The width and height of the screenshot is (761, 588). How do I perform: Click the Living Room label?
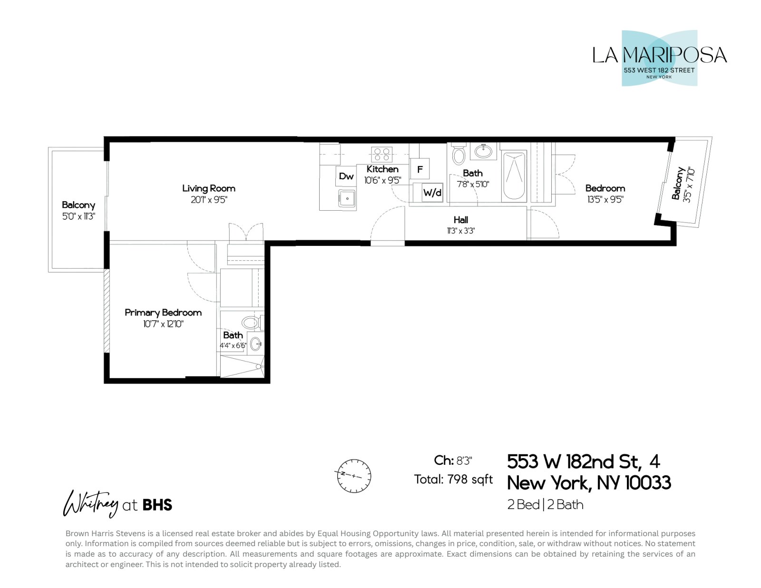208,188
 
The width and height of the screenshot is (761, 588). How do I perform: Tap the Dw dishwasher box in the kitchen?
346,176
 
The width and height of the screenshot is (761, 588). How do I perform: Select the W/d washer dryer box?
432,193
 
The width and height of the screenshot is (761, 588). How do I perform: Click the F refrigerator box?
420,169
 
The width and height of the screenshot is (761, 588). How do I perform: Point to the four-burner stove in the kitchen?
381,154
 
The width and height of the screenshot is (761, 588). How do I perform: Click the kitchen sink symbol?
347,198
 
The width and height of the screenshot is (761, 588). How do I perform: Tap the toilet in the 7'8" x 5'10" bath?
459,155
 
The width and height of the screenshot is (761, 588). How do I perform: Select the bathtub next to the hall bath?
514,176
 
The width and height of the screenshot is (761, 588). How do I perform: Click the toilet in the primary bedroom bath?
250,323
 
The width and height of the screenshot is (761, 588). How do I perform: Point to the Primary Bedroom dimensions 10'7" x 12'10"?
163,324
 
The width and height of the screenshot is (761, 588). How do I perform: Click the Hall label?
460,220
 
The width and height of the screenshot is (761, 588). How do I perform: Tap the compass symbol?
354,476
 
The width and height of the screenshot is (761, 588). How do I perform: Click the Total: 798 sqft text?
453,479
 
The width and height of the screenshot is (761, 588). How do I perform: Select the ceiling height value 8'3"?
464,461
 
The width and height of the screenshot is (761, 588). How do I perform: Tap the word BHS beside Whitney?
157,505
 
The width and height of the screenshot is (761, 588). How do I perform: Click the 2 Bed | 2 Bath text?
545,504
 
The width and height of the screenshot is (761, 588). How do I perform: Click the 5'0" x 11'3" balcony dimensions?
78,216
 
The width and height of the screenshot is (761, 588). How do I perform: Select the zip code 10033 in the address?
647,483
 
